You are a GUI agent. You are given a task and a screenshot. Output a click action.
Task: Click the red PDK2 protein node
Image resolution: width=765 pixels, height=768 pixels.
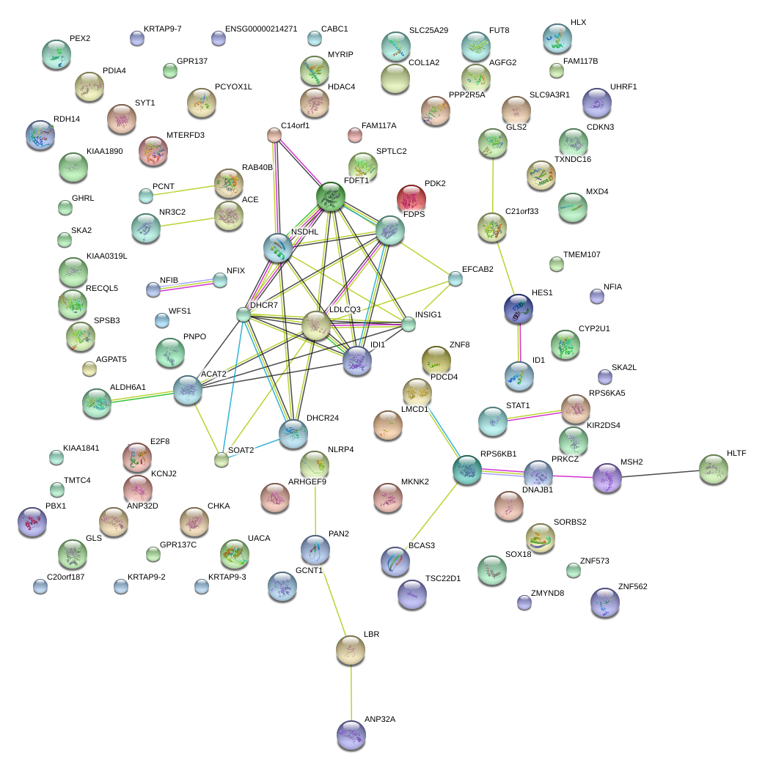coord(411,198)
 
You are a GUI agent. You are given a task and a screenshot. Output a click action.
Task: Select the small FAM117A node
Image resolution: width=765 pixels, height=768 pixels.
coord(354,135)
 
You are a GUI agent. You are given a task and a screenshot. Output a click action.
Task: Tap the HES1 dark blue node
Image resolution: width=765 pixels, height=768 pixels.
coord(519,309)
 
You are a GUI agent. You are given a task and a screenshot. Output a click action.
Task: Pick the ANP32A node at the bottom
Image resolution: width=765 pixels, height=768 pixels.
coord(351,734)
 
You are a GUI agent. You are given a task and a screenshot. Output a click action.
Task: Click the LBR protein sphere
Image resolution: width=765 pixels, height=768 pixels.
coord(351,648)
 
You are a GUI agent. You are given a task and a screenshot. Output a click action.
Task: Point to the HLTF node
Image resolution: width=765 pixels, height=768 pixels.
coord(713,469)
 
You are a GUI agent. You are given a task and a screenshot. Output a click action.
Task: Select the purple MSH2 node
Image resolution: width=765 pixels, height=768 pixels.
coord(607,477)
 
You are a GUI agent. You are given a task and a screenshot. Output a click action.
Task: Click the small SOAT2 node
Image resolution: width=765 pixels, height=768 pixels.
coord(221,459)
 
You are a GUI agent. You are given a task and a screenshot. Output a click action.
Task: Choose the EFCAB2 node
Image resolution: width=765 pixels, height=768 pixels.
coord(455,278)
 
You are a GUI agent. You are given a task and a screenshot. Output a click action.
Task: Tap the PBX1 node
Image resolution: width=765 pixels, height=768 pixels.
coord(32,522)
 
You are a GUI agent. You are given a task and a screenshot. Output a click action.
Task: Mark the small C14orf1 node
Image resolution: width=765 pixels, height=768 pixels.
coord(274,134)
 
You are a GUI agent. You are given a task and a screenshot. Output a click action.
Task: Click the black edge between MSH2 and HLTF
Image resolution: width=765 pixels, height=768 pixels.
coord(660,473)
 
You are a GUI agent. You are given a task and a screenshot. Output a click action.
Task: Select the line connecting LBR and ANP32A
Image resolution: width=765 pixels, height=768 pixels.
coord(351,693)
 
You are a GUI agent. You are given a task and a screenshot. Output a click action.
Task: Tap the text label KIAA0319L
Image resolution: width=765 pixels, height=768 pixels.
coord(107,256)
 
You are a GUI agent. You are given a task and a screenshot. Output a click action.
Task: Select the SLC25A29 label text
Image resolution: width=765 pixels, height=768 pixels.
coord(428,31)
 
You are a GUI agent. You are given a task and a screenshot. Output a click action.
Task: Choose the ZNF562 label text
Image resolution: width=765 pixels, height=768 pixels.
coord(633,586)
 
